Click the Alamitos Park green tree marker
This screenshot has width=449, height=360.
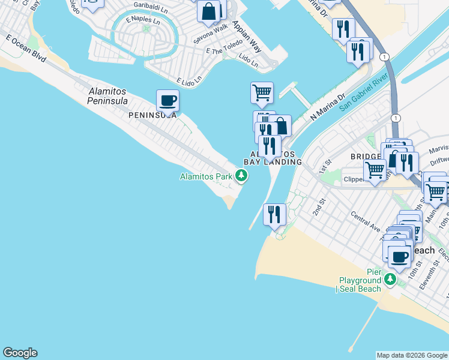(241, 175)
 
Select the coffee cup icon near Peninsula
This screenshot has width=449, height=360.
(168, 100)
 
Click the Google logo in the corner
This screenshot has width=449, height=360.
(20, 353)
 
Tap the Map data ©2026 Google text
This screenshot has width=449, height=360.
(412, 355)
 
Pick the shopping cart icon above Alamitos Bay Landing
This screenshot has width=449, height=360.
(262, 93)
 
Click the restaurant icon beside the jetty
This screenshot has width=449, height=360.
(275, 214)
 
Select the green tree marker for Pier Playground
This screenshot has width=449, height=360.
(390, 280)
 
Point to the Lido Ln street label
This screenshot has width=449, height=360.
(248, 59)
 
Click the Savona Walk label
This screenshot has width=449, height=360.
(210, 35)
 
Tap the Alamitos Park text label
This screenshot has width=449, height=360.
(206, 176)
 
